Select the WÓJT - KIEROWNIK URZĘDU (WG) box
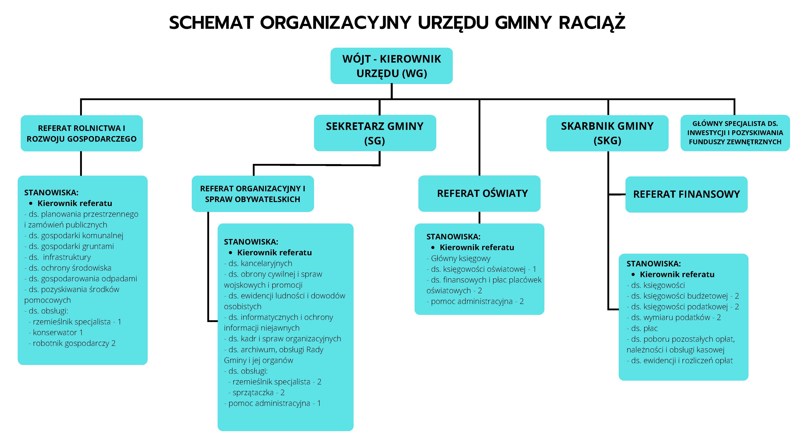(x=391, y=66)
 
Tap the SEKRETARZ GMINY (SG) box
(x=375, y=133)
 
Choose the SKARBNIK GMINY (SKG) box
(x=607, y=133)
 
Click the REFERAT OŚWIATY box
(x=479, y=194)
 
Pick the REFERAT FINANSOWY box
(x=686, y=194)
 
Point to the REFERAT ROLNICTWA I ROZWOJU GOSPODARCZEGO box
(x=81, y=133)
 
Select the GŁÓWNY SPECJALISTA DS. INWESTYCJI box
(x=735, y=133)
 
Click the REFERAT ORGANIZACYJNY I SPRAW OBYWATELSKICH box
(x=252, y=194)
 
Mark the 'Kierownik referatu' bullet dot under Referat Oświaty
(x=433, y=247)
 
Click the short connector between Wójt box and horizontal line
(x=392, y=91)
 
